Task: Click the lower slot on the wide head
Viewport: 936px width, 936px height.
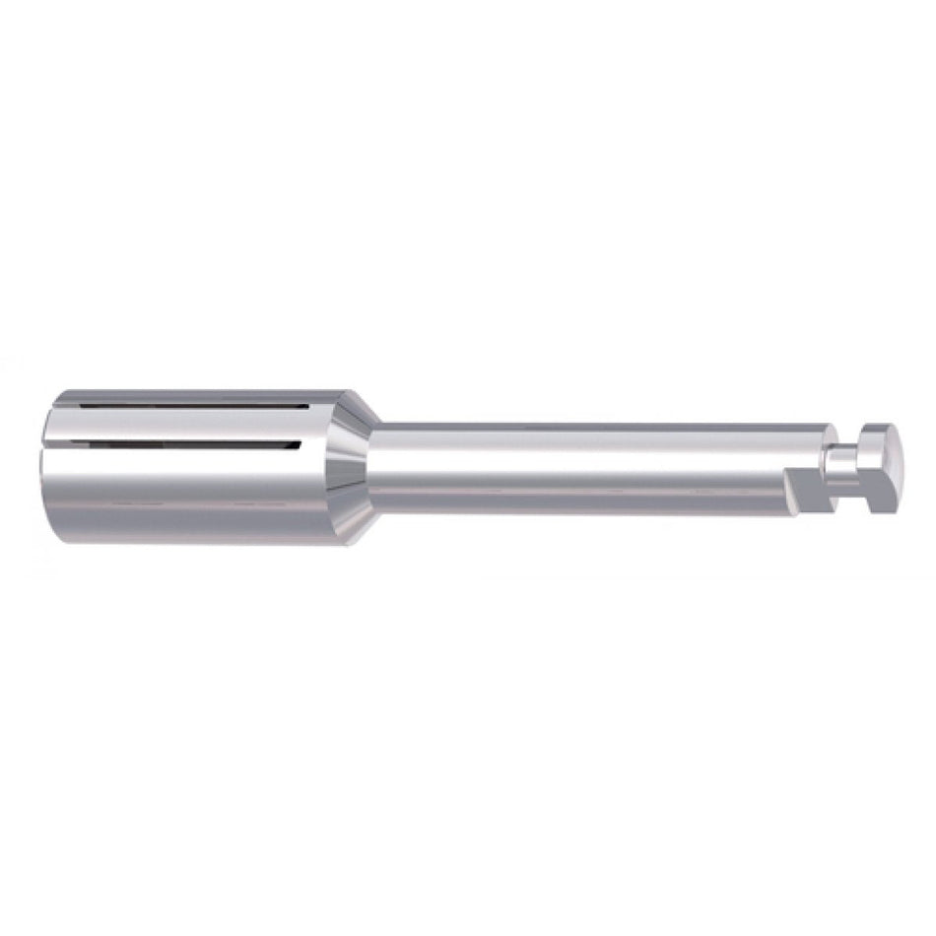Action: pos(177,445)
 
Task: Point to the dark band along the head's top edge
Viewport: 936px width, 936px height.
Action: pos(197,395)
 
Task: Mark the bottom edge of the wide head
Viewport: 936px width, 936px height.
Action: pos(197,540)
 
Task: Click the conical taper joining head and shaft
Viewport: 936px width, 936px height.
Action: pos(353,468)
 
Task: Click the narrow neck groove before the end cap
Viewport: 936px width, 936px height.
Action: pos(845,468)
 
